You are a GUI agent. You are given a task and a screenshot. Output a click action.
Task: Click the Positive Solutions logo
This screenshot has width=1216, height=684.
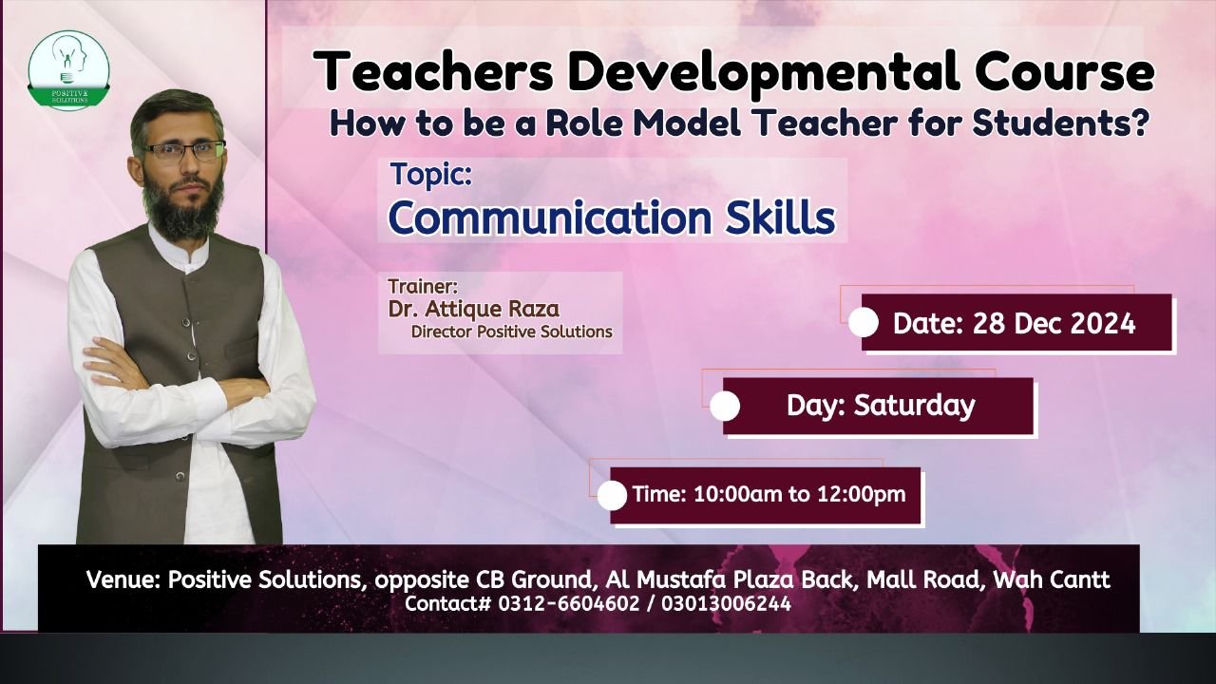coord(69,69)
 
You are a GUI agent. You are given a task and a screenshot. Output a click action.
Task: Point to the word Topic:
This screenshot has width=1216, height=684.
coord(431,176)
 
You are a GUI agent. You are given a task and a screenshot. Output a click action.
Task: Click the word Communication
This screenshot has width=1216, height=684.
coord(550,218)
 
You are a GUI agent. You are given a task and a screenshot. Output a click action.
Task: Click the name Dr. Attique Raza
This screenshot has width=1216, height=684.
coord(473,310)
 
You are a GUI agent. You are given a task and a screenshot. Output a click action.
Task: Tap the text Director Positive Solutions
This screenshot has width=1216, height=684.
coord(511,332)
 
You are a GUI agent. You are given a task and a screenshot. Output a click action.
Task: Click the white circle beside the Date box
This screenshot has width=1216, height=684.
coord(864,323)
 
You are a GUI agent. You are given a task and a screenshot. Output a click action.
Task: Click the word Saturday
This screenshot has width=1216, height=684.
coord(914,406)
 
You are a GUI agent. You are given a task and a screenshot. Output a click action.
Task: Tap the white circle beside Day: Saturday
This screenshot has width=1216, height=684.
coord(725,406)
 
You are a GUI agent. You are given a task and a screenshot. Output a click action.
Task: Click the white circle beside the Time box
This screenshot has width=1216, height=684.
coord(613,496)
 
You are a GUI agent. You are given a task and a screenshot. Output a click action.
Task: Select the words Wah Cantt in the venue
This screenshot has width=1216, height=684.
coord(1052,579)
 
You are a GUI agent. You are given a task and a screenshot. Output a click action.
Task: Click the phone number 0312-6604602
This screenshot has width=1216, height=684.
coord(569,603)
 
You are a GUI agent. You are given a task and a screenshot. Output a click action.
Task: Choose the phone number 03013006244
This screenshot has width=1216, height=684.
coord(726,603)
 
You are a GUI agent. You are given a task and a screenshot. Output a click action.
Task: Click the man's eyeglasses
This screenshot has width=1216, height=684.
coord(184,150)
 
